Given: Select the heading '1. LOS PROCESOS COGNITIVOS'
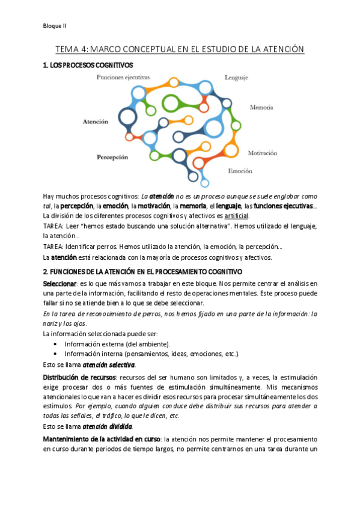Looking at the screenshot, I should pos(88,64).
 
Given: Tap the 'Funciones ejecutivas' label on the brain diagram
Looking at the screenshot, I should pos(123,77).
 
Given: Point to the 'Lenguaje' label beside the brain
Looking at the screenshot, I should pos(236,77).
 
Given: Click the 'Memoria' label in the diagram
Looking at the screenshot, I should pos(261,108).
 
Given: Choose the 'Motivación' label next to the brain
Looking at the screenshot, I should pos(266,153).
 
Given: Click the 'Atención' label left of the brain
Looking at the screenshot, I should pos(96,121).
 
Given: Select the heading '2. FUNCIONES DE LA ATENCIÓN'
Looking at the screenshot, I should pos(142,272).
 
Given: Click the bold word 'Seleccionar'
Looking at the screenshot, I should pos(59,283).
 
